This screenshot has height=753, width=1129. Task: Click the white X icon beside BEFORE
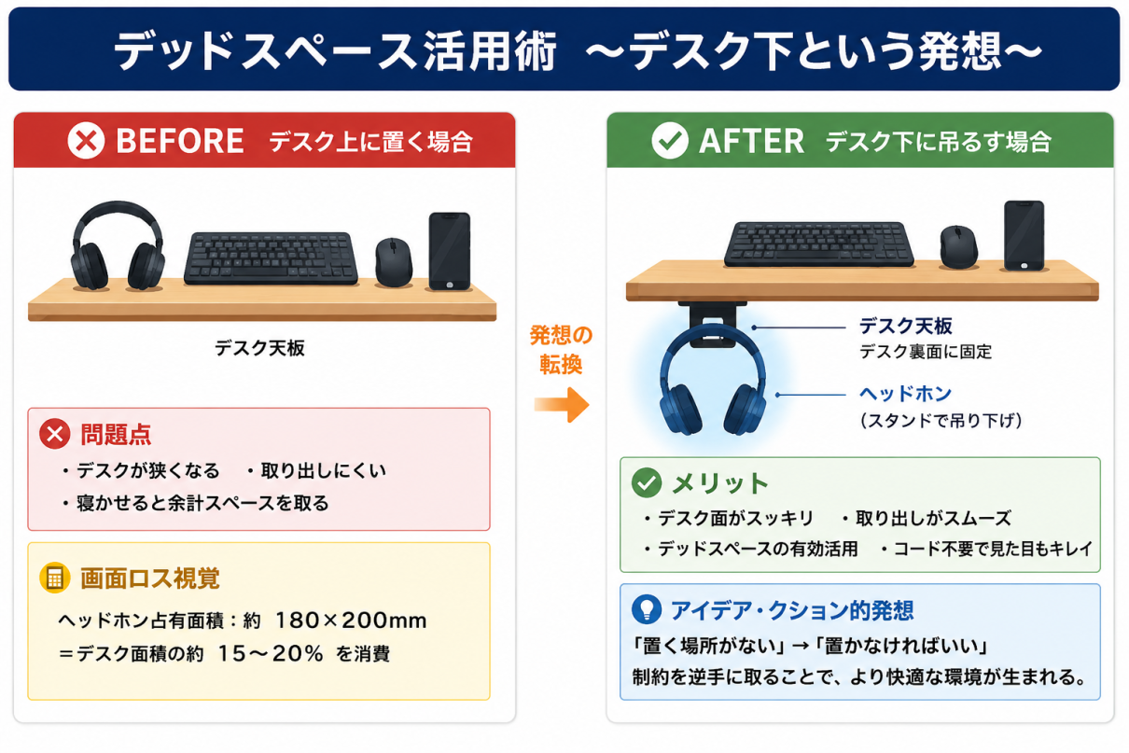pos(86,140)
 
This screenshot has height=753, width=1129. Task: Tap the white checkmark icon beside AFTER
pos(670,140)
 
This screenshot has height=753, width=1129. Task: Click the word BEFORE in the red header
pos(180,141)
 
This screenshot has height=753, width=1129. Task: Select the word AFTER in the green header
pos(751,141)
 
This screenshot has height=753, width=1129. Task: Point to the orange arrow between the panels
pos(562,405)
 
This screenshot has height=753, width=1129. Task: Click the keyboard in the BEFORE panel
pos(271,258)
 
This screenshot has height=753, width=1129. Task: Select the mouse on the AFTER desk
pos(958,246)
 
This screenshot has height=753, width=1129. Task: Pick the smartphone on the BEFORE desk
pos(450,252)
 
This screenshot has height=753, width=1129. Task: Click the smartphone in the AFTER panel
pos(1024,235)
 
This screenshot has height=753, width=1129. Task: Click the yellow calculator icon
pos(54,578)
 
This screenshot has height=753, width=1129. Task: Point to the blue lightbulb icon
pos(647,609)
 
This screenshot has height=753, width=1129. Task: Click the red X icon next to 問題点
pos(54,434)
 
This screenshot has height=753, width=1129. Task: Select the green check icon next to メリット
pos(647,482)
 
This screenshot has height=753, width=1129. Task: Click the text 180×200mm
pos(351,621)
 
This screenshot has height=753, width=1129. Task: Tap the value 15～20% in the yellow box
pos(271,654)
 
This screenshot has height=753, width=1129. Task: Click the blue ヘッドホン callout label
pos(905,394)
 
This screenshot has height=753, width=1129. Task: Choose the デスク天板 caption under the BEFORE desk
pos(259,348)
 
